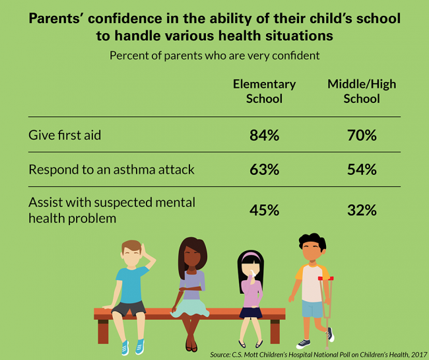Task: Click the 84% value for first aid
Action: pyautogui.click(x=264, y=135)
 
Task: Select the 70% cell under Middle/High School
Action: pyautogui.click(x=362, y=135)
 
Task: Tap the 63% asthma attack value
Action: pyautogui.click(x=264, y=170)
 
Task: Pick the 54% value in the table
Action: pyautogui.click(x=362, y=170)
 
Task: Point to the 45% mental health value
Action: pyautogui.click(x=264, y=210)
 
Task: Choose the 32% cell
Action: pyautogui.click(x=362, y=210)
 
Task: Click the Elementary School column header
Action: pyautogui.click(x=264, y=91)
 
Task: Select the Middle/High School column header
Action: pyautogui.click(x=362, y=91)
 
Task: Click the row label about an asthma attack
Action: pyautogui.click(x=112, y=170)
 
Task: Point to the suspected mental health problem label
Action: pyautogui.click(x=112, y=209)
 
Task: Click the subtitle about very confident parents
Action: pyautogui.click(x=214, y=55)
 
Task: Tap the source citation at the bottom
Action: pyautogui.click(x=317, y=354)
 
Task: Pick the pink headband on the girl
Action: pyautogui.click(x=250, y=254)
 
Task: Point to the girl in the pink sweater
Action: pyautogui.click(x=250, y=291)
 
